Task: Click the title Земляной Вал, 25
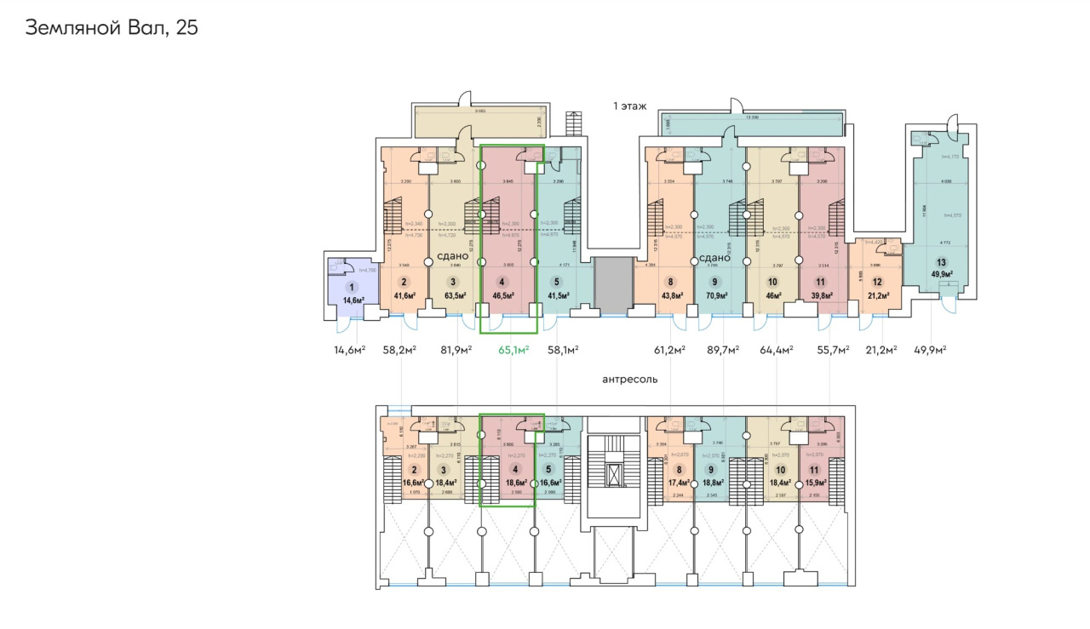[112, 27]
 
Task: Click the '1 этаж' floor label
[630, 106]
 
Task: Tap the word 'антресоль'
[630, 380]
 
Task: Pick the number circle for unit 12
[875, 283]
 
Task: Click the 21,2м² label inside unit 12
[875, 295]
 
